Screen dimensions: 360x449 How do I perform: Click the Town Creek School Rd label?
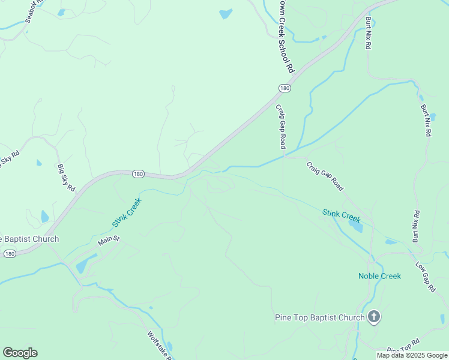(287, 36)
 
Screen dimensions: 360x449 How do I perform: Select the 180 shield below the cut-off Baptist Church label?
(9, 254)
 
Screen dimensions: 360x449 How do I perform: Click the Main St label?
(109, 241)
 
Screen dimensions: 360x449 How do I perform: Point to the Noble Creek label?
(379, 276)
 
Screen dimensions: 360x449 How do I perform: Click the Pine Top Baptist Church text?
(319, 317)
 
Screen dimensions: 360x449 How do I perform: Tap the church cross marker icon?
(374, 317)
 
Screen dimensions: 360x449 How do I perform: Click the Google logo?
(20, 353)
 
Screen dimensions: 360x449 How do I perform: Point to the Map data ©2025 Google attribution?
(412, 355)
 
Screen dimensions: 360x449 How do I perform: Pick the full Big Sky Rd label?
(66, 178)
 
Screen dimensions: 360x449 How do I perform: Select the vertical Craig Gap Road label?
(280, 127)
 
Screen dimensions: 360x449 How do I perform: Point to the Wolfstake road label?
(160, 346)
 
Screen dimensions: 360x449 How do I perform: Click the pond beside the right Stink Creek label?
(355, 226)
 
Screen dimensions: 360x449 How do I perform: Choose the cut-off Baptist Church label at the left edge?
(29, 239)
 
